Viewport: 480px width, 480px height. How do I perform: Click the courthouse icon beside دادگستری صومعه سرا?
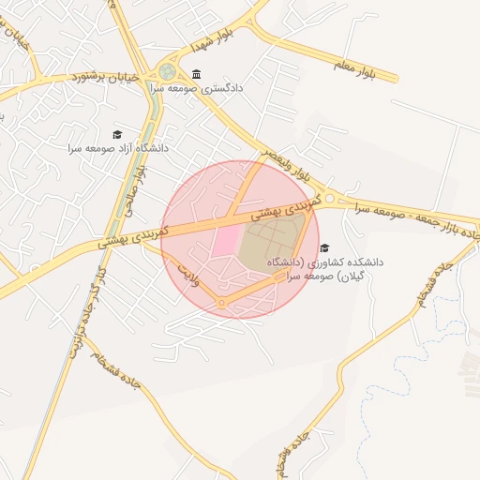pos(196,75)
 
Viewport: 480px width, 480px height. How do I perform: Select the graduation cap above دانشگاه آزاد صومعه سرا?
pos(118,134)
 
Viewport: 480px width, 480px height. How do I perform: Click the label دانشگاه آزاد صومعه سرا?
pos(117,148)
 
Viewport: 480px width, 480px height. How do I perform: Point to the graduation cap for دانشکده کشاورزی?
pos(324,248)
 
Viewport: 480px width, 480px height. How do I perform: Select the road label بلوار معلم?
pos(360,71)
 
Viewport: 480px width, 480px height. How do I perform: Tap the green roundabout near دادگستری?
pos(167,70)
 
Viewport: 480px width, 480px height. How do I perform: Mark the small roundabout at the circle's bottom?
pos(221,303)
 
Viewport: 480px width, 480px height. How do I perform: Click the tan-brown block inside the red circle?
pos(272,241)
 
